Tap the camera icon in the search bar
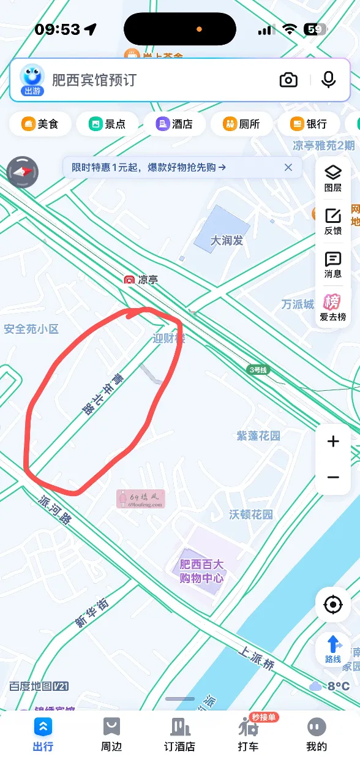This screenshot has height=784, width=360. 288,80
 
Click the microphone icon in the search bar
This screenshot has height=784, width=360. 329,80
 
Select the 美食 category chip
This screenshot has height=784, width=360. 40,124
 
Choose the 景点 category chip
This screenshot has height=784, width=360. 108,124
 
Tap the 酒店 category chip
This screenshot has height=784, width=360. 174,124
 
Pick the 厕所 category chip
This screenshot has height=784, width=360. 242,124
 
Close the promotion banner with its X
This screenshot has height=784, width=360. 288,167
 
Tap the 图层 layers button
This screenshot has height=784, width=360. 333,178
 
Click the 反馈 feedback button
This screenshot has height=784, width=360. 333,221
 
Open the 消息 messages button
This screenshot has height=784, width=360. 333,265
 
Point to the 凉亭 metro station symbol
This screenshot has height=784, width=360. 129,280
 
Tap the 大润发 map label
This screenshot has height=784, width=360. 227,240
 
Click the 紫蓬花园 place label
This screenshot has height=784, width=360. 258,436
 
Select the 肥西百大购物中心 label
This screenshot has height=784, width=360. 201,571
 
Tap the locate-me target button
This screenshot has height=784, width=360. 333,605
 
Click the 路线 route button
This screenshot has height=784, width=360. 333,649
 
